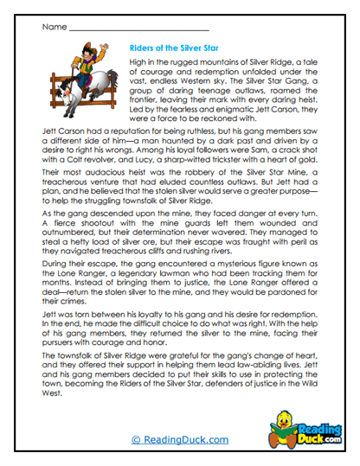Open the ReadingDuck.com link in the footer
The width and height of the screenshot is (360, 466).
tap(177, 441)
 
